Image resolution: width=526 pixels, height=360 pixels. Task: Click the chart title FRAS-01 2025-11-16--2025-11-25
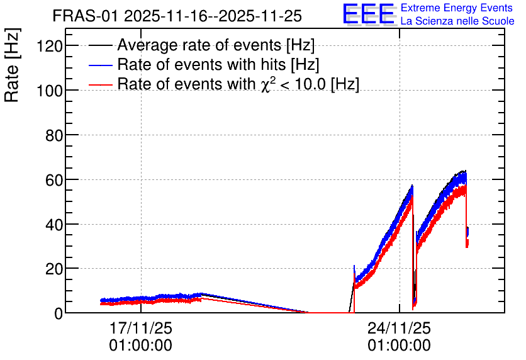click(177, 16)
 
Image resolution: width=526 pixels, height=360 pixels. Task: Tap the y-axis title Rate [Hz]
click(12, 65)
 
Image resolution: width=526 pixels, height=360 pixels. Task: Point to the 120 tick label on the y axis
click(50, 45)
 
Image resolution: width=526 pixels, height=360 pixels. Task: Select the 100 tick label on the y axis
click(50, 90)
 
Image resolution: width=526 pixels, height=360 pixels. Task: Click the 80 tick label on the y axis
click(54, 135)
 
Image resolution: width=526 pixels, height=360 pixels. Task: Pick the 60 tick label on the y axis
click(54, 179)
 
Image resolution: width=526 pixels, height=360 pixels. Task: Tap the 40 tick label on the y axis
click(54, 224)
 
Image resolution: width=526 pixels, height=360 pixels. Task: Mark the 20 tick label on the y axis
click(54, 269)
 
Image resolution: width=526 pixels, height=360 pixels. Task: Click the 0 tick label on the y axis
click(59, 313)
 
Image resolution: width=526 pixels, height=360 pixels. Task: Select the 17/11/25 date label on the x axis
click(140, 328)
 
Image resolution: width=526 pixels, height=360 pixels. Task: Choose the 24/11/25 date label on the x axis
click(399, 328)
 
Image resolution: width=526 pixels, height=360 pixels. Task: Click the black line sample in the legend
click(101, 45)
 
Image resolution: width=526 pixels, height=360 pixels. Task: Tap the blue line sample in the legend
click(101, 65)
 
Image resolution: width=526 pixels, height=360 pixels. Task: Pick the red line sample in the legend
click(101, 84)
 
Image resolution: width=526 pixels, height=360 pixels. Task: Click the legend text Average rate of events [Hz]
click(216, 45)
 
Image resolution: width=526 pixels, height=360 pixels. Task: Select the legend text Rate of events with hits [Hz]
click(218, 64)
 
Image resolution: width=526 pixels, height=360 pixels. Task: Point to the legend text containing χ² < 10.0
click(238, 84)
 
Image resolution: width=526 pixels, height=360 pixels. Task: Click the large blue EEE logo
click(368, 14)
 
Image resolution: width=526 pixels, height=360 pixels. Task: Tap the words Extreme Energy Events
click(457, 8)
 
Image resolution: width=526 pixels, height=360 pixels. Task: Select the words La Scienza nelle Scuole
click(457, 21)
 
